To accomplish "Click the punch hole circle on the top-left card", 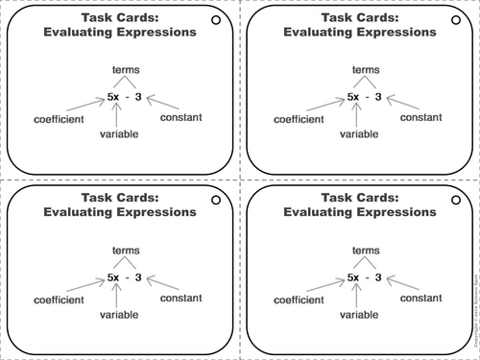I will pyautogui.click(x=215, y=20).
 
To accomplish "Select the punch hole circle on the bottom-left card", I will pyautogui.click(x=215, y=201).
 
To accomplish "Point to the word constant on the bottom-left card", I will pyautogui.click(x=180, y=298).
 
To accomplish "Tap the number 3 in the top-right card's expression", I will pyautogui.click(x=378, y=96).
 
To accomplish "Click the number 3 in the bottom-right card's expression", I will pyautogui.click(x=378, y=276).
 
